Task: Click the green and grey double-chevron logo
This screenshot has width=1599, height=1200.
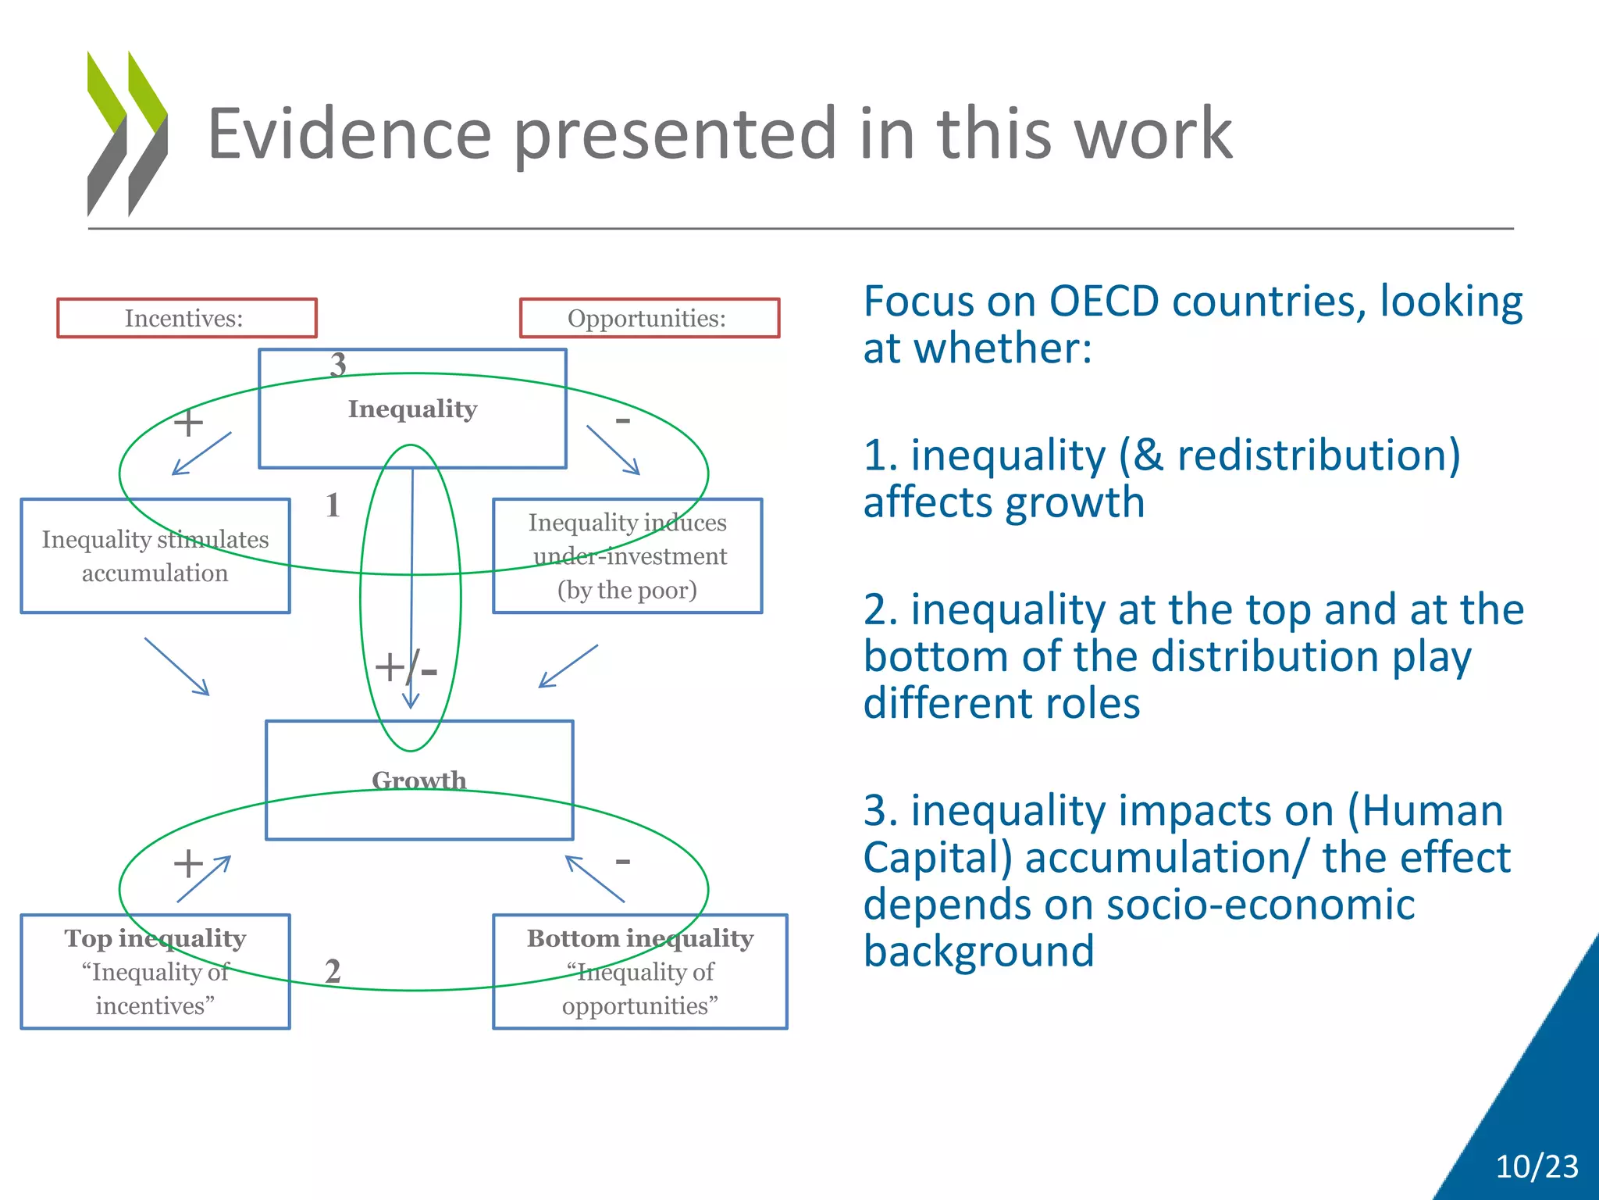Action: (127, 133)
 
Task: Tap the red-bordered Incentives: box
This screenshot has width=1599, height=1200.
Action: (187, 318)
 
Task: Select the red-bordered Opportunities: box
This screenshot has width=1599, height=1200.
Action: (649, 318)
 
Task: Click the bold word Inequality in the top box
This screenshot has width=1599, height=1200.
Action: (412, 409)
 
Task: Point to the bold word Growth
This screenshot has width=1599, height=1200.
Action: (419, 780)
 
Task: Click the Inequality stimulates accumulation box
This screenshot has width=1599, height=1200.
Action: (155, 555)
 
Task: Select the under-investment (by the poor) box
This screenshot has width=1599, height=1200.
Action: (627, 555)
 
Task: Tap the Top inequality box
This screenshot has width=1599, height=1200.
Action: (155, 971)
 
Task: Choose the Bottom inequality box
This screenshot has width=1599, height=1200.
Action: (639, 971)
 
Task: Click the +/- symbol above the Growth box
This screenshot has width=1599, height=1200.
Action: (405, 668)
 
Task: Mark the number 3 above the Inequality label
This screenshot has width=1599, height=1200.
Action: (338, 364)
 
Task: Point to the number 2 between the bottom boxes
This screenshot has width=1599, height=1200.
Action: (333, 971)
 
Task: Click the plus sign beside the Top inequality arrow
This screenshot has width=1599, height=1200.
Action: (187, 864)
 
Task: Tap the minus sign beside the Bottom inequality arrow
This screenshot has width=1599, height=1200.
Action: (622, 862)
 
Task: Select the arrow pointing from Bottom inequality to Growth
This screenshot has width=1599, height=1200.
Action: (595, 879)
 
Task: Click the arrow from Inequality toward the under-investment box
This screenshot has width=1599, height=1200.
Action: (613, 450)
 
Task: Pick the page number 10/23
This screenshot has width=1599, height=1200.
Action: (1537, 1166)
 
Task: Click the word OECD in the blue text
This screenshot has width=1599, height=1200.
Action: (1103, 302)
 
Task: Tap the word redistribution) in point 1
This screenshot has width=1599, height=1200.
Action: (1319, 455)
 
